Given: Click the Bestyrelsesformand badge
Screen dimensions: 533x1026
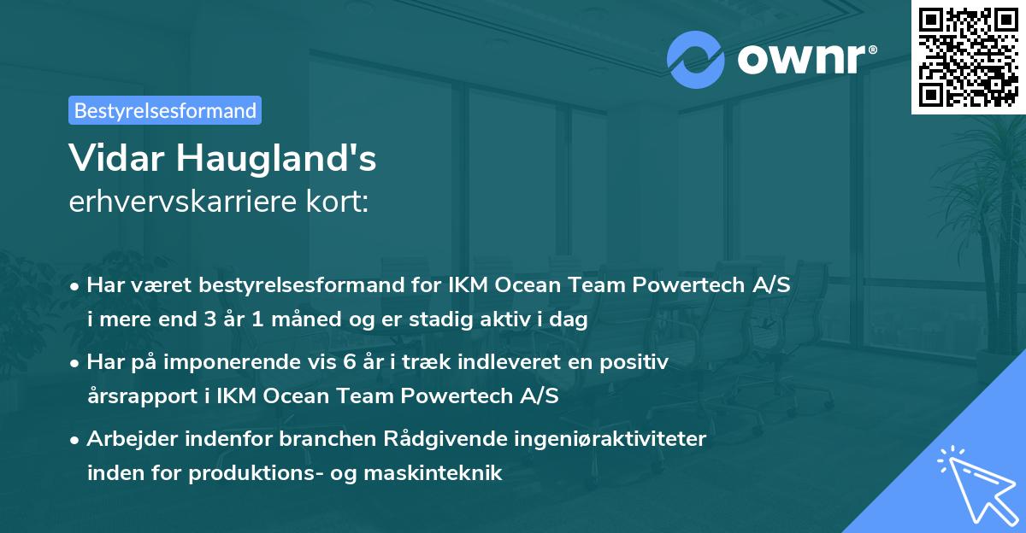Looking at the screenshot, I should [165, 110].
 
